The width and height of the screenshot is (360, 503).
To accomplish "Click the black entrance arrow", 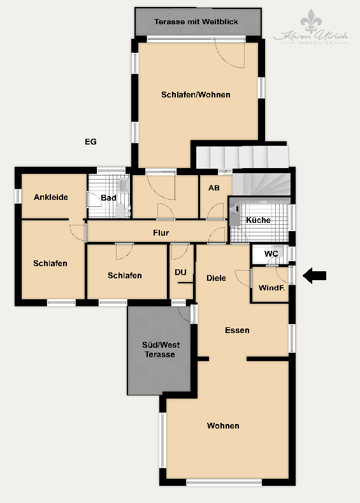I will (314, 276).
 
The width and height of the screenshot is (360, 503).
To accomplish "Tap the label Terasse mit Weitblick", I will (196, 22).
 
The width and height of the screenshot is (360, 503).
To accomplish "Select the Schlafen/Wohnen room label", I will (196, 95).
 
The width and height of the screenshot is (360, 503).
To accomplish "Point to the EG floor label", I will (90, 141).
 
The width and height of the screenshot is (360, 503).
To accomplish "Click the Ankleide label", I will (51, 197).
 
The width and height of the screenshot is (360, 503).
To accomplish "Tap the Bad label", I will (108, 198).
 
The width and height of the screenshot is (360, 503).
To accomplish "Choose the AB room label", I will (214, 188).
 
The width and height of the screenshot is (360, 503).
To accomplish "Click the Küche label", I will (258, 220).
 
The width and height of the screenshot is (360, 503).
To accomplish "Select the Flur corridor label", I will (161, 233).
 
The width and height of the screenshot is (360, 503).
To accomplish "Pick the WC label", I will (271, 254).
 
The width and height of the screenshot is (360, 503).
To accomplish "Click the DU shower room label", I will (181, 273).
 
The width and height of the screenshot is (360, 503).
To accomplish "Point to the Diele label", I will (217, 278).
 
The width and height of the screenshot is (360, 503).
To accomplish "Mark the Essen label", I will (237, 330).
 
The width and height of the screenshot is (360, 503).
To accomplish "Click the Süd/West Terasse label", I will (159, 350).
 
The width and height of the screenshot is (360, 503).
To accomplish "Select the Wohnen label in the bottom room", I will (223, 426).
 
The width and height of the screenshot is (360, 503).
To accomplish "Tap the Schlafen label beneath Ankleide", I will (50, 263).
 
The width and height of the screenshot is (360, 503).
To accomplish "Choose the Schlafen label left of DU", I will (125, 276).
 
